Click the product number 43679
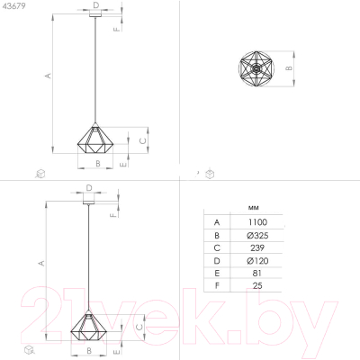point(13,5)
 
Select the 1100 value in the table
point(257,222)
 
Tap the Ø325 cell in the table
point(257,236)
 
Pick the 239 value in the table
point(257,247)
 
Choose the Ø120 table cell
point(257,261)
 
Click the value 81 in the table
point(257,273)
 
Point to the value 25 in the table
point(257,285)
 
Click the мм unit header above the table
point(254,208)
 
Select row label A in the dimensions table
point(217,222)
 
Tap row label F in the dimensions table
point(217,285)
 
